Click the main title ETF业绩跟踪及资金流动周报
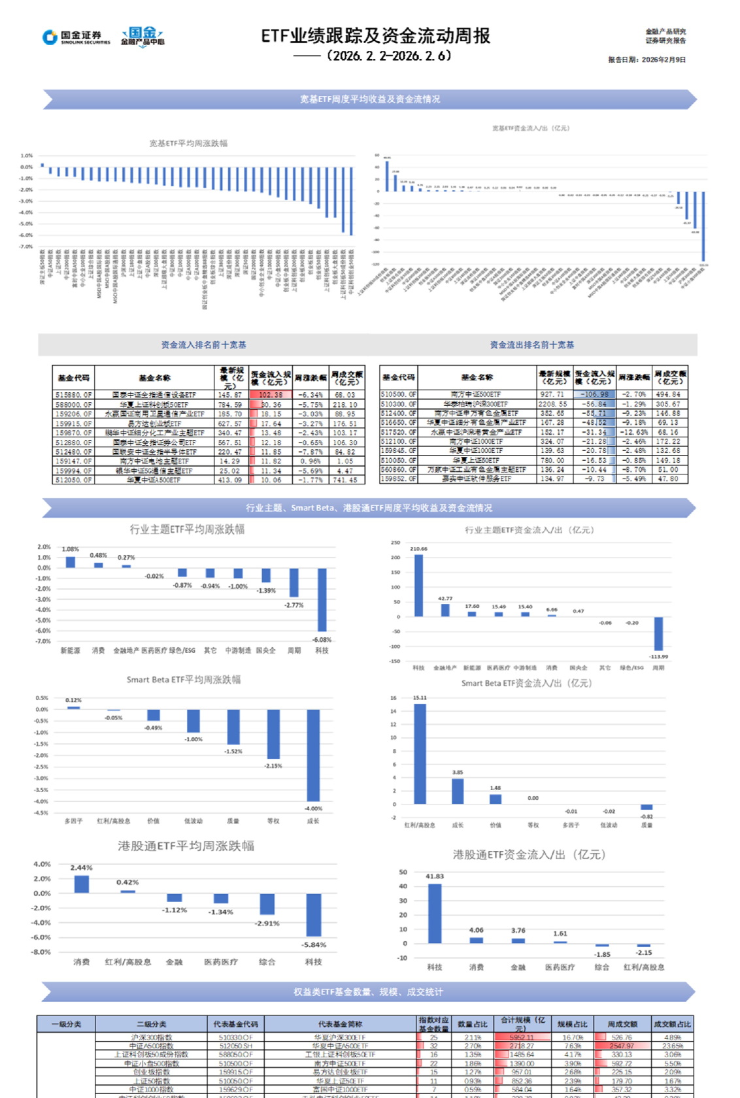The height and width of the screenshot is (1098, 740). click(x=375, y=36)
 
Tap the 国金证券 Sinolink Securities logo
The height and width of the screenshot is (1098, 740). click(x=76, y=37)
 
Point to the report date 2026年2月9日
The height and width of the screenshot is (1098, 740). click(x=647, y=59)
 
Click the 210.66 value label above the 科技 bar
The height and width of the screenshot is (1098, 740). click(x=418, y=549)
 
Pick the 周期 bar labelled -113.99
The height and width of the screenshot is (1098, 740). click(x=658, y=633)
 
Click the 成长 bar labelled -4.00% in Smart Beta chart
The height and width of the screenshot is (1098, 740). click(x=313, y=756)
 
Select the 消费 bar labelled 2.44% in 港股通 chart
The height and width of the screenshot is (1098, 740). click(x=82, y=884)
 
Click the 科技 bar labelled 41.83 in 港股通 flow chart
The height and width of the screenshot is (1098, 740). click(x=435, y=914)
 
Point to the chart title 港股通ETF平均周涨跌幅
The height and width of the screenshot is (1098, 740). click(x=186, y=846)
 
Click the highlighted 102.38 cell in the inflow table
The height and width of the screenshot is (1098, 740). click(x=271, y=395)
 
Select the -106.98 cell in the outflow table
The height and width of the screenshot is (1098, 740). click(x=595, y=394)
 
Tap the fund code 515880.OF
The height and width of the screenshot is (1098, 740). click(x=73, y=395)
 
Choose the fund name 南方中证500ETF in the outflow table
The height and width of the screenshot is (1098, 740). click(x=476, y=394)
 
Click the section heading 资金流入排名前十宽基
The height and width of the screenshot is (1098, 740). click(x=203, y=344)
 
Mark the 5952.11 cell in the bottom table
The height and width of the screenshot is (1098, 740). click(x=521, y=1037)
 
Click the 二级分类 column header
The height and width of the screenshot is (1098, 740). click(x=151, y=1024)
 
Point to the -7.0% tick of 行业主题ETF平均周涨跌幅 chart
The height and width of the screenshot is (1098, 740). click(x=44, y=641)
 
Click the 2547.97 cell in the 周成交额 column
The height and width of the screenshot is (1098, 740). click(x=622, y=1046)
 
